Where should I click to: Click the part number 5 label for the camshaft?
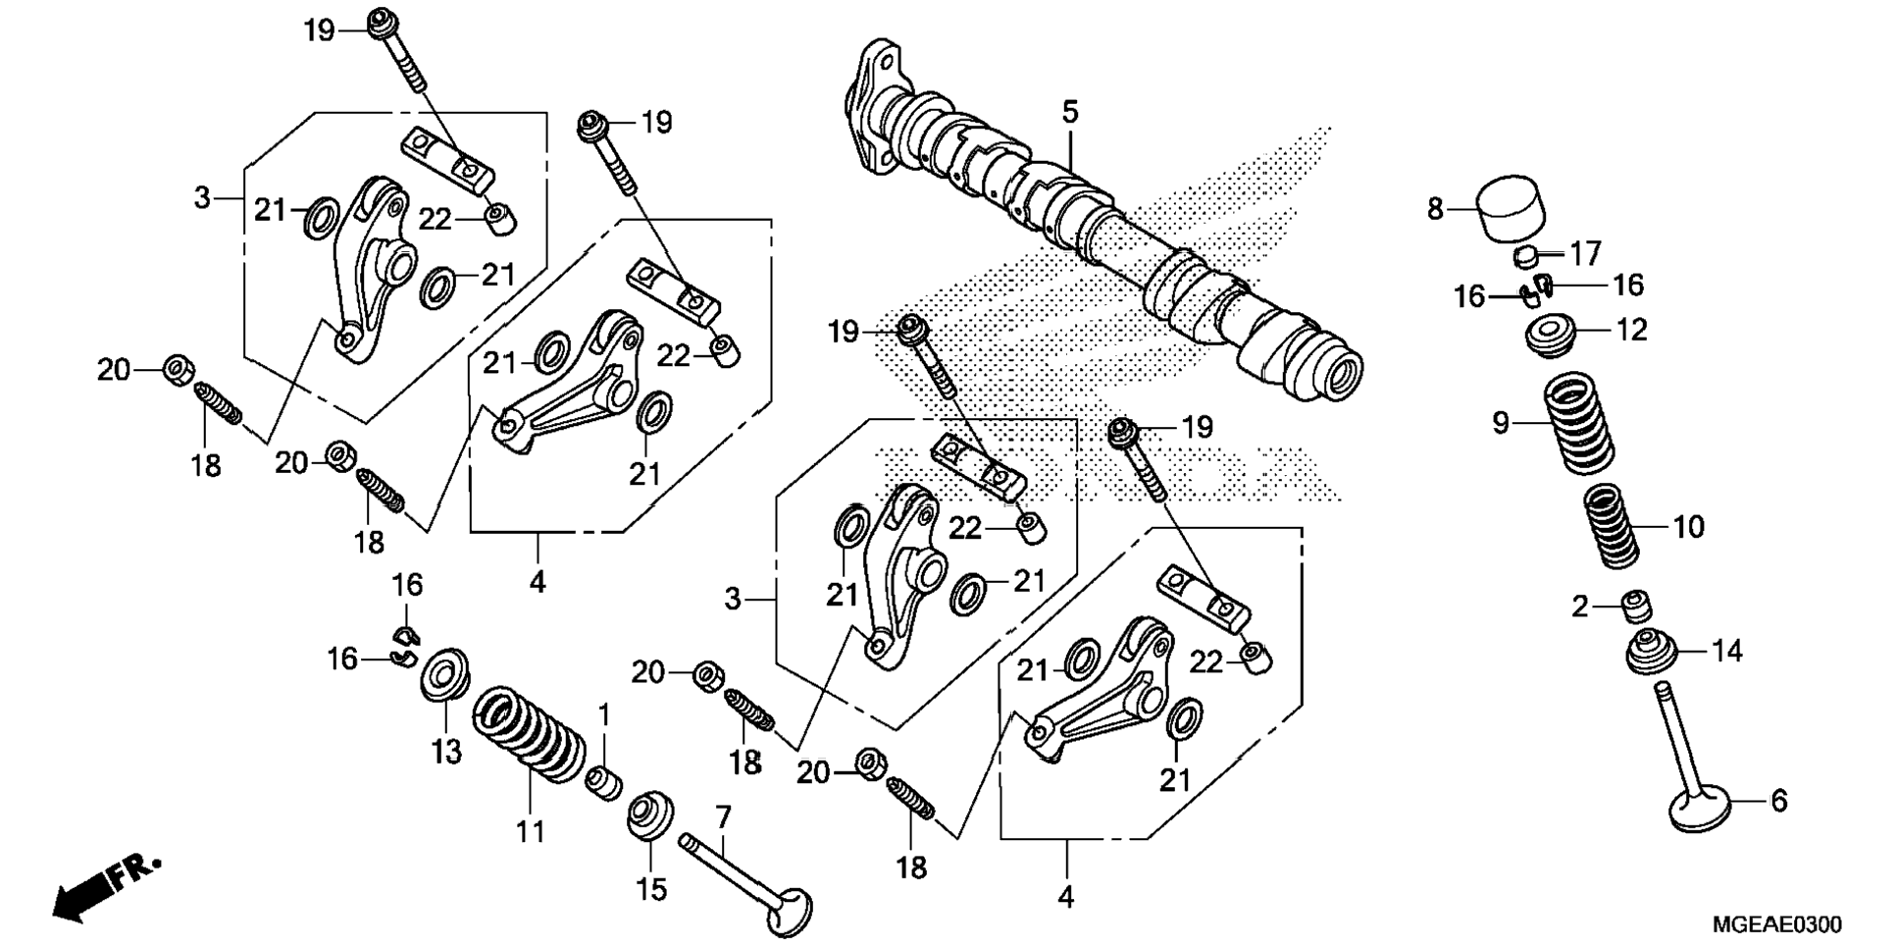[1069, 112]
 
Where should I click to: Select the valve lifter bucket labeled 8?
[1511, 208]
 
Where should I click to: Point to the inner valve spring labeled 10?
[1613, 526]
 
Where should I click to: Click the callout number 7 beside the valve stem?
[723, 816]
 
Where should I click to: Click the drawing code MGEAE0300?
[1776, 924]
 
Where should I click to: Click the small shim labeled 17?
[1524, 258]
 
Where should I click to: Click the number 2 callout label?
[1579, 607]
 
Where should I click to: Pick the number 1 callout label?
[604, 714]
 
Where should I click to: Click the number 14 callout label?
[1727, 651]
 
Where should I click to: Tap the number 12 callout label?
[1631, 330]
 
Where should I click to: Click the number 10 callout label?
[1688, 528]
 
